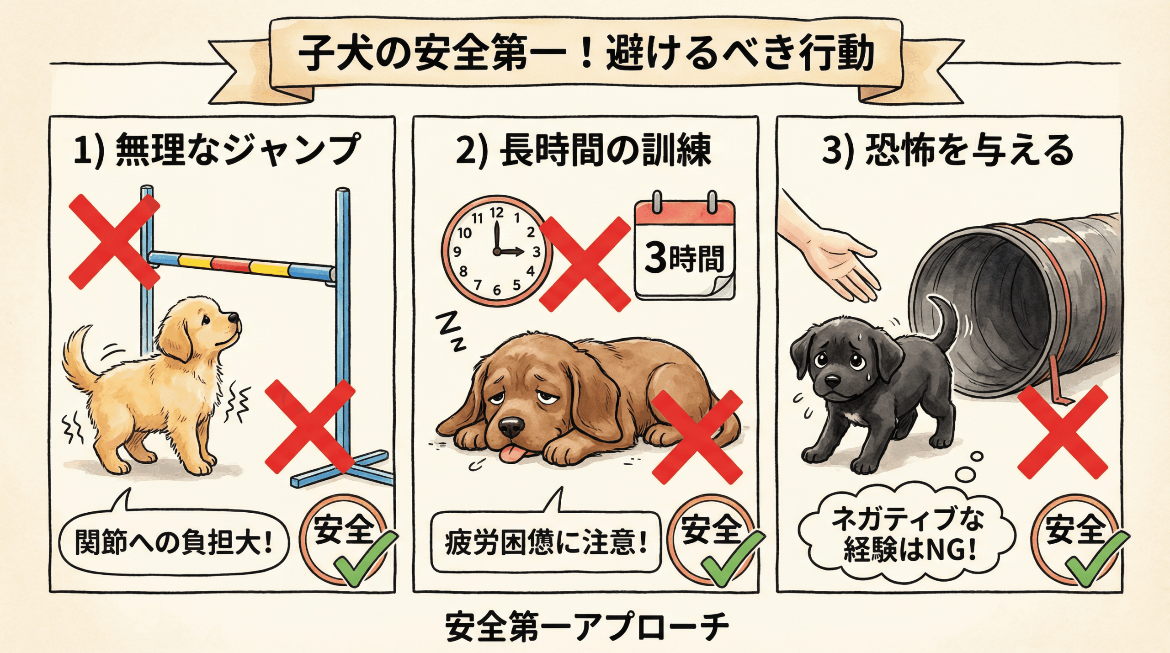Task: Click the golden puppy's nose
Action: coord(234,318)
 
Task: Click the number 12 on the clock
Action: coord(496,212)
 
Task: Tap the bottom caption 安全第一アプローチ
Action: coord(586,628)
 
